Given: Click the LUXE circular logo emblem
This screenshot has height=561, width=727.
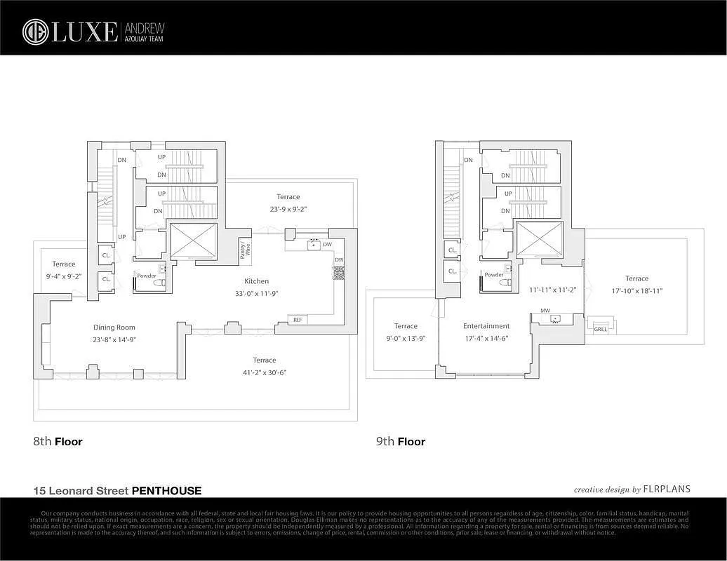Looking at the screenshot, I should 35,32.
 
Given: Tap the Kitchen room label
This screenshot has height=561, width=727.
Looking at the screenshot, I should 256,281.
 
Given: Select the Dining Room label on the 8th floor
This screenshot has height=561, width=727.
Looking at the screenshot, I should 114,327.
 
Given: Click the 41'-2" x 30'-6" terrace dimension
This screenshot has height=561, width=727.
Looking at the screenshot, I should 265,372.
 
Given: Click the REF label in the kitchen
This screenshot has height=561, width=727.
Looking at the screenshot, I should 298,320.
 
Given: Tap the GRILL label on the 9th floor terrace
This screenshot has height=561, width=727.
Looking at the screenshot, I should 601,328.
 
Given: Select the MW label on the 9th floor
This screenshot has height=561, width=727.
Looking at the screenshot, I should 544,309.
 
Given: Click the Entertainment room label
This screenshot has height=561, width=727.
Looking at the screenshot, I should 486,326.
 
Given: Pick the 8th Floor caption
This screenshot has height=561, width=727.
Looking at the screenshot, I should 58,442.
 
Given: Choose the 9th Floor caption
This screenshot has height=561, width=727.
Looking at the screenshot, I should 401,442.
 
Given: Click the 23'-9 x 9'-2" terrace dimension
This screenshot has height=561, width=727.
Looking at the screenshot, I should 288,208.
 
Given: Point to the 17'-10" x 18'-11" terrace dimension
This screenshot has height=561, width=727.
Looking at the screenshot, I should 636,290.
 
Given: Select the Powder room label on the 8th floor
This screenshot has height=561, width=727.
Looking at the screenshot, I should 147,276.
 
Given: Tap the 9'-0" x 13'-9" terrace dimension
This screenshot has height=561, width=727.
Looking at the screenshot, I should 406,337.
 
